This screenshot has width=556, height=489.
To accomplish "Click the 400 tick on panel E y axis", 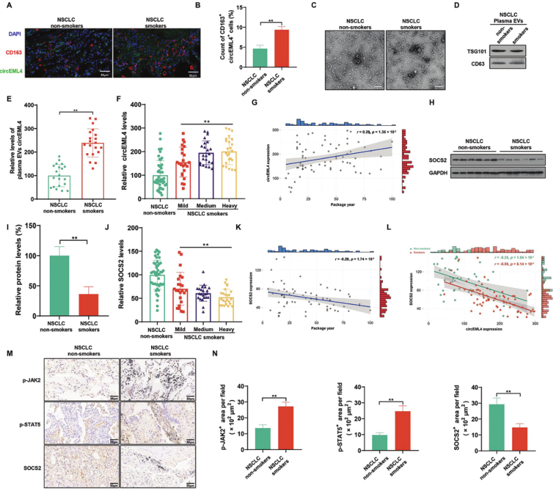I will (x=27, y=105).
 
